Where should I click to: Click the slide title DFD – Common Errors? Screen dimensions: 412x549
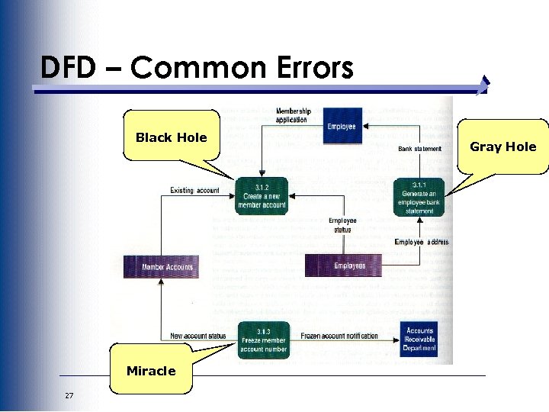coord(197,68)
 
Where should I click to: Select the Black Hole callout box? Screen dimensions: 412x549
coord(171,137)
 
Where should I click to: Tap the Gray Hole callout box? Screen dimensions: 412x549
coord(502,146)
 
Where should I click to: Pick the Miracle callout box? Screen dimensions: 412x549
coord(151,371)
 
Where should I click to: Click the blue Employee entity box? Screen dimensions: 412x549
coord(342,125)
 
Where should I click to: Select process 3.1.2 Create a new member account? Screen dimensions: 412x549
coord(262,196)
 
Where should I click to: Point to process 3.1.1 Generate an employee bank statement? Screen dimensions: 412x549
coord(419,197)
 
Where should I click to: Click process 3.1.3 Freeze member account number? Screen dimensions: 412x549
coord(263,340)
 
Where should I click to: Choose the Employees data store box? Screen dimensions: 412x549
coord(349,266)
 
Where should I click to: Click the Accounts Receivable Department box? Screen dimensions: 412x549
coord(419,340)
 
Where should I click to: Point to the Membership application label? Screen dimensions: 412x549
coord(292,115)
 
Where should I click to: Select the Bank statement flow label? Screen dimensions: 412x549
coord(419,149)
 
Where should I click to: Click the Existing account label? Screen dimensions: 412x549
coord(194,191)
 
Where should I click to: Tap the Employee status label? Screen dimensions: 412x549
coord(342,225)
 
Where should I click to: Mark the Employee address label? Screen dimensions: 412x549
coord(422,242)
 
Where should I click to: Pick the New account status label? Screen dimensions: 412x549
coord(198,336)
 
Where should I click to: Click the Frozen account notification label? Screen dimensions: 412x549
coord(339,336)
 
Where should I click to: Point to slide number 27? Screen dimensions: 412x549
coord(69,395)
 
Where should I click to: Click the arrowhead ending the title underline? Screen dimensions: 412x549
coord(485,85)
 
